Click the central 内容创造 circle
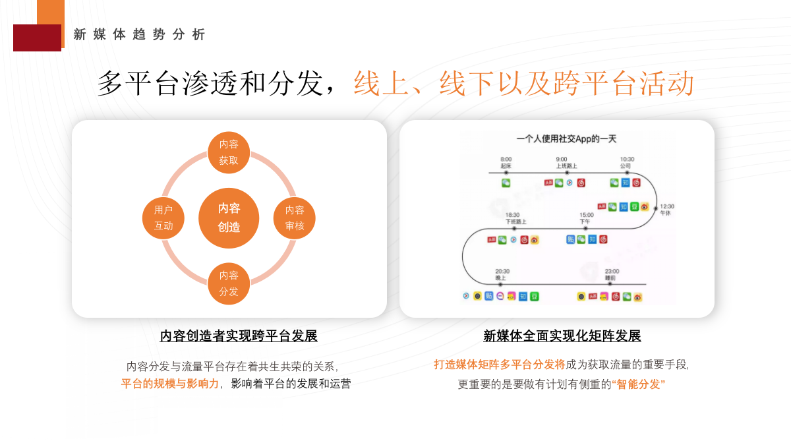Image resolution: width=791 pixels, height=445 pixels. coord(229,218)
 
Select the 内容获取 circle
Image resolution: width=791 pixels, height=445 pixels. coord(229,152)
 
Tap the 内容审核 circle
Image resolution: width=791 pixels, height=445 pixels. coord(295,218)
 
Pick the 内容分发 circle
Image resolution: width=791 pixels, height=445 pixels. coord(229,283)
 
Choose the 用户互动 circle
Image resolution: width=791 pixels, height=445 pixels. coord(163,218)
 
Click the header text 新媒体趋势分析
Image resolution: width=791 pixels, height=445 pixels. coord(140,34)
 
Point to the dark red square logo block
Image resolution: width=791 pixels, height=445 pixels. coord(37,38)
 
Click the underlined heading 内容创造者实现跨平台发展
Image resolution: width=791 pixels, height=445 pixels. coord(239,336)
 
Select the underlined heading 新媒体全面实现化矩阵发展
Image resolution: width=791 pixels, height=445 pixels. coord(562,336)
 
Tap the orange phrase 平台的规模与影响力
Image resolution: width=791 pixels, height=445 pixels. coord(169,384)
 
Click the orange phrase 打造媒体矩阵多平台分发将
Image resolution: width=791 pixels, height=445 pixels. coord(499,364)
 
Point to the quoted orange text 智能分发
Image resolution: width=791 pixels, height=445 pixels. coord(639,384)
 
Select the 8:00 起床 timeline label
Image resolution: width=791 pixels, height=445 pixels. coord(506,162)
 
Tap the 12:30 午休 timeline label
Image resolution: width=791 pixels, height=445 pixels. coord(666,210)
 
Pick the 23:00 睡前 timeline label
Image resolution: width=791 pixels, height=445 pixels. coord(611,274)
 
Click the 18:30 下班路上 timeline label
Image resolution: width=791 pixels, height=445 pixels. coord(515,218)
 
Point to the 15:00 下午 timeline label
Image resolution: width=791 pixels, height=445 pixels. coord(586,218)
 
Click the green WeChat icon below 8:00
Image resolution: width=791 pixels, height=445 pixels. coord(506,183)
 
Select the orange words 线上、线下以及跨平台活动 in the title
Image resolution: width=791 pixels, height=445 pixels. coord(523,84)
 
